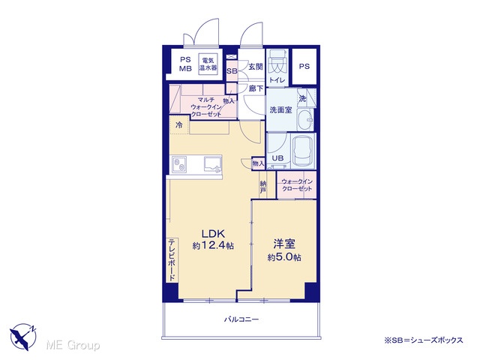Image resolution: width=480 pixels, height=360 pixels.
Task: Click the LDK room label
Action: [x=213, y=234]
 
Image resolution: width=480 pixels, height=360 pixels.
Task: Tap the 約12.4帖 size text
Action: [x=213, y=245]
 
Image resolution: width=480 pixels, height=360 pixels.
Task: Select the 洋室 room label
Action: [x=284, y=244]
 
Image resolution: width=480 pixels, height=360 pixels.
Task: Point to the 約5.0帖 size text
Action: [x=284, y=257]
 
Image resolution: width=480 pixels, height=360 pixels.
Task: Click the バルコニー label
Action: [x=241, y=319]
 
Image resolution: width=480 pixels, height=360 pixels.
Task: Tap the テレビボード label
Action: [x=172, y=260]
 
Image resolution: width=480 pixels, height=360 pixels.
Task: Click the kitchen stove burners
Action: [x=178, y=164]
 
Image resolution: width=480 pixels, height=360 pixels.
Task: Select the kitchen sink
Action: [x=213, y=163]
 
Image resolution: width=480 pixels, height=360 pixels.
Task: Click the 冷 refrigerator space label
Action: [x=179, y=125]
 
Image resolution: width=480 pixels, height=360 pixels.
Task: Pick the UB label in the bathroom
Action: [x=277, y=158]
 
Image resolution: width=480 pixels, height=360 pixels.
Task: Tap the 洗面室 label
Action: [x=280, y=110]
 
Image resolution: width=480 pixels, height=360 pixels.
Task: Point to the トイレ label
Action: [x=277, y=80]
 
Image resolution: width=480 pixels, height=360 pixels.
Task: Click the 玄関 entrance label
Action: [x=256, y=67]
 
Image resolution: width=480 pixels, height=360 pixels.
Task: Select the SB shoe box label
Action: [x=232, y=71]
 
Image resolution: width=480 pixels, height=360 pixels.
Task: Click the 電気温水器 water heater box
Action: [x=208, y=64]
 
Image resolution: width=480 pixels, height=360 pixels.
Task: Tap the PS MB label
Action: [x=185, y=64]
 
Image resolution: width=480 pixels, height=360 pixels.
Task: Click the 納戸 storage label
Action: [x=263, y=187]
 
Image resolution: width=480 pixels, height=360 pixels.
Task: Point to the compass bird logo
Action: [x=23, y=337]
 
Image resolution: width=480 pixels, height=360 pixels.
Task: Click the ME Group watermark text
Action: [x=73, y=345]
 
